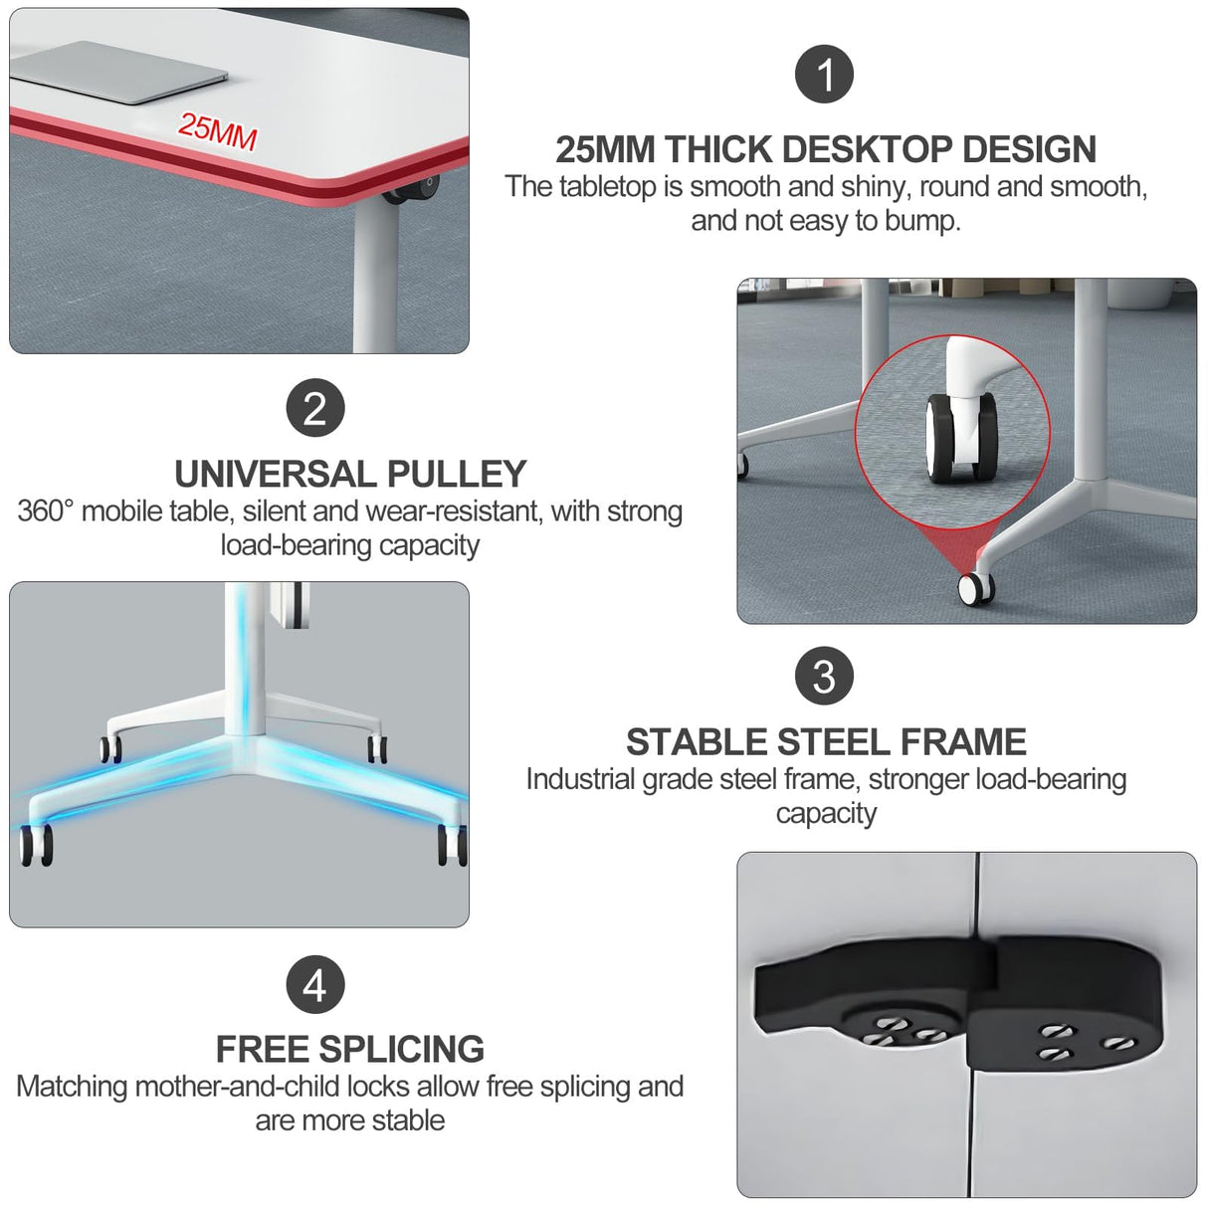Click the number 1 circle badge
pyautogui.click(x=824, y=75)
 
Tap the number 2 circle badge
pyautogui.click(x=314, y=408)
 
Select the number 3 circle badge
pyautogui.click(x=824, y=676)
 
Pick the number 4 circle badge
pyautogui.click(x=314, y=985)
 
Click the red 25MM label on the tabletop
pyautogui.click(x=218, y=130)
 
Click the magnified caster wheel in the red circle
pyautogui.click(x=961, y=438)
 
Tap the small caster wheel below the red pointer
pyautogui.click(x=974, y=588)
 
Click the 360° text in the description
pyautogui.click(x=46, y=511)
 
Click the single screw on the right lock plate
pyautogui.click(x=1120, y=1043)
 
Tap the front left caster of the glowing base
pyautogui.click(x=36, y=846)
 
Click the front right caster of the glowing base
pyautogui.click(x=452, y=846)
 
